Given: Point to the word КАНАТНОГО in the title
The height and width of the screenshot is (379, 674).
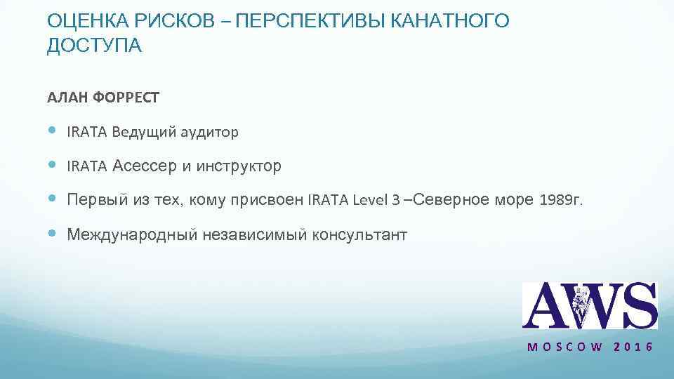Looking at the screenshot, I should click(x=449, y=22).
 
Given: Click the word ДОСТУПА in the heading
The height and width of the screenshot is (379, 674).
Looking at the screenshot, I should click(x=94, y=46).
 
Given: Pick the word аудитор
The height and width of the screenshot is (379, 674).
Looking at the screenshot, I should click(x=213, y=132).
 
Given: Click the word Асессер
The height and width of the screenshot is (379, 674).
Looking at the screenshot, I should click(x=145, y=166).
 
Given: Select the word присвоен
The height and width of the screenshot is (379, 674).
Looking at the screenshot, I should click(x=270, y=201).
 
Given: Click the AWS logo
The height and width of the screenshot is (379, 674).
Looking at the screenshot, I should click(x=590, y=305).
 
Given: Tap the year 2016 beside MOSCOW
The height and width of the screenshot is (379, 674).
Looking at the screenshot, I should click(x=633, y=347).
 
